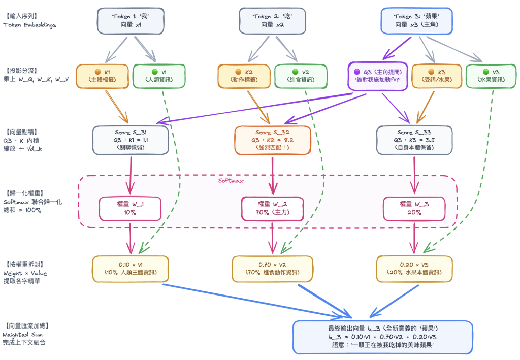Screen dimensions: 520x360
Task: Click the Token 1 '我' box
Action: pyautogui.click(x=131, y=21)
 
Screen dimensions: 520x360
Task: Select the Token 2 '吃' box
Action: pyautogui.click(x=272, y=21)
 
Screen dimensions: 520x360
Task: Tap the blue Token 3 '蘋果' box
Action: pyautogui.click(x=416, y=21)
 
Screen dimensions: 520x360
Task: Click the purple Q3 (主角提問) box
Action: pyautogui.click(x=378, y=76)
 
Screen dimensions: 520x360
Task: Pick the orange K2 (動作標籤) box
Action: pyautogui.click(x=244, y=76)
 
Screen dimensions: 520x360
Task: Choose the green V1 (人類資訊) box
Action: pyautogui.click(x=159, y=76)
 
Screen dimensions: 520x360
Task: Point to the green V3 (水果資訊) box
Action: pyautogui.click(x=491, y=76)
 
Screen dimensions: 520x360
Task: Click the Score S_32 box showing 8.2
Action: pyautogui.click(x=272, y=140)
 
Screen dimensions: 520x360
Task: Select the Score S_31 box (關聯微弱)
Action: pyautogui.click(x=131, y=140)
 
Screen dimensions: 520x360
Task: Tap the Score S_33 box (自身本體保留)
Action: pyautogui.click(x=414, y=140)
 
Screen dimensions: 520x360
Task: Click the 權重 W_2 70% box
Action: pyautogui.click(x=272, y=209)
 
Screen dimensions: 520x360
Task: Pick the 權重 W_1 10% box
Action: pyautogui.click(x=130, y=209)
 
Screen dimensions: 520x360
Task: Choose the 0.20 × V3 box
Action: pyautogui.click(x=414, y=269)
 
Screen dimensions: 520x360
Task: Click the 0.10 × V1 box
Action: pyautogui.click(x=131, y=269)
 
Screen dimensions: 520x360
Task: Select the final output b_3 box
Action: pyautogui.click(x=383, y=337)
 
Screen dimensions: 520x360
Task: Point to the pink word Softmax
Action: pyautogui.click(x=231, y=181)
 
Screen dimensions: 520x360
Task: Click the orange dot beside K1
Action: pyautogui.click(x=98, y=72)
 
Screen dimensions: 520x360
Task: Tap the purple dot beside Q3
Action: pyautogui.click(x=357, y=72)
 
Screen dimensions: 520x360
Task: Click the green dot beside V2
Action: pyautogui.click(x=295, y=72)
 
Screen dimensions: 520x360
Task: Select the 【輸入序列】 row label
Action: pyautogui.click(x=21, y=16)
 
